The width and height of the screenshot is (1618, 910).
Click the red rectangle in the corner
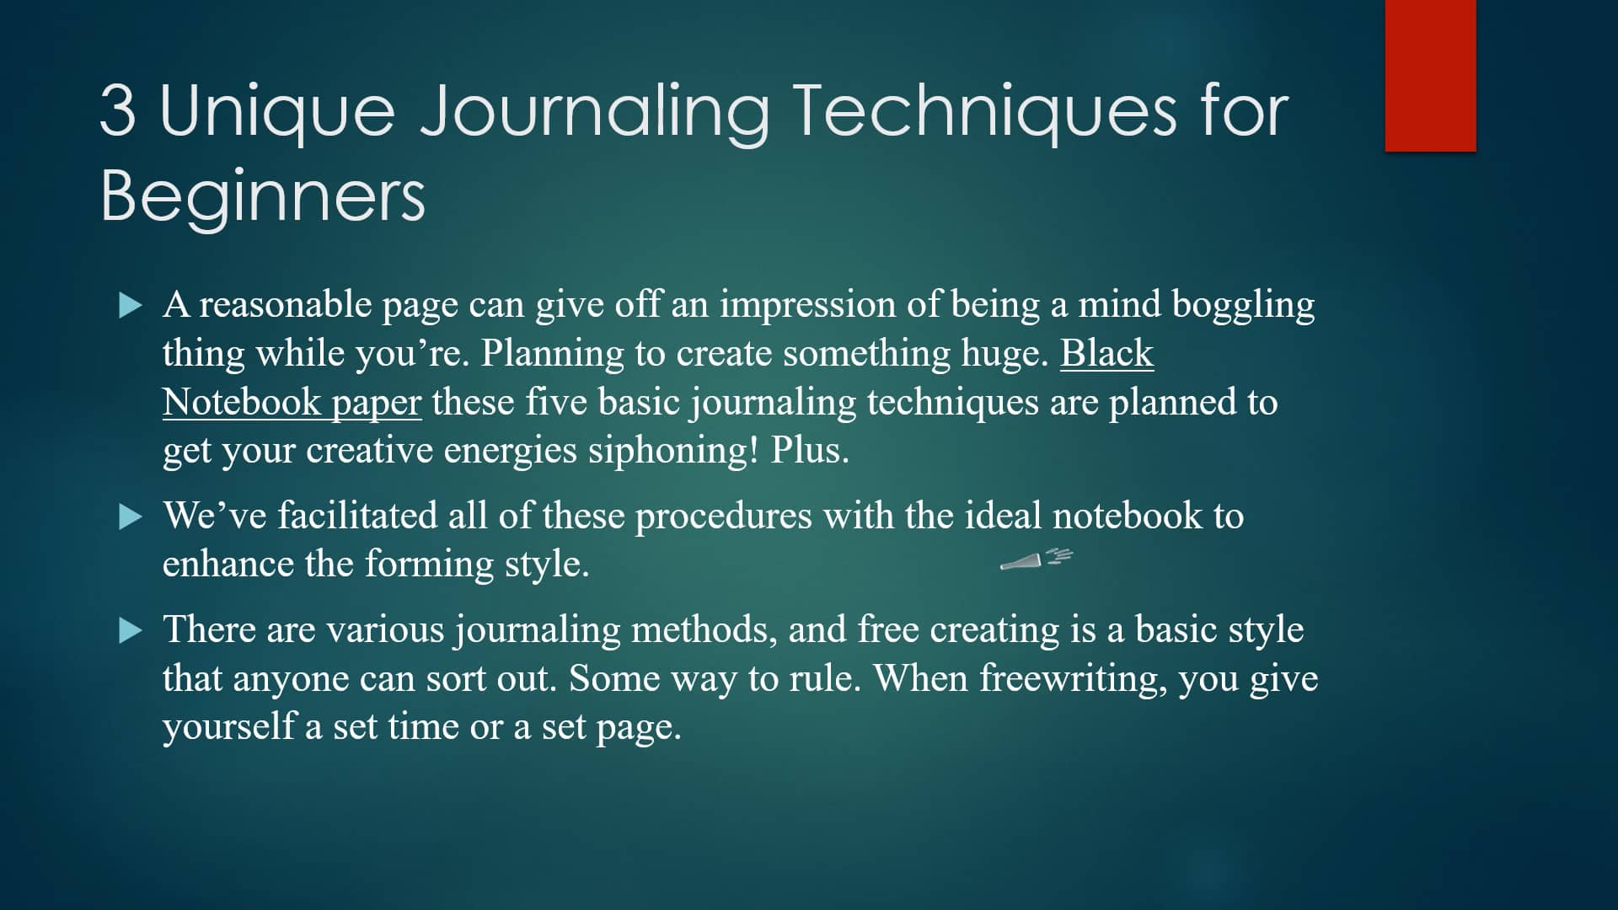[1430, 76]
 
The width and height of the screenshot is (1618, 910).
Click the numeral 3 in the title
[118, 111]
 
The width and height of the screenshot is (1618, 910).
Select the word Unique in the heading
[276, 111]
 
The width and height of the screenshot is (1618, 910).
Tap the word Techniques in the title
[983, 111]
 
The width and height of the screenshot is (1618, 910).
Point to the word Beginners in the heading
[263, 195]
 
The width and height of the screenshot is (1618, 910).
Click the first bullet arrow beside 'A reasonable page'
[131, 305]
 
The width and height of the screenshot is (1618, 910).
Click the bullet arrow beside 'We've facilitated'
[131, 517]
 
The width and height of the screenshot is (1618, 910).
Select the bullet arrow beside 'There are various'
[131, 630]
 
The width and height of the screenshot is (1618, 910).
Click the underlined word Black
[1106, 353]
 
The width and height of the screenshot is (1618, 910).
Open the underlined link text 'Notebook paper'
[292, 402]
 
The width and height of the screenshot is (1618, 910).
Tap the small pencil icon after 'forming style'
[1035, 559]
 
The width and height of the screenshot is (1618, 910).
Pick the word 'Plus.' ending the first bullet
[810, 451]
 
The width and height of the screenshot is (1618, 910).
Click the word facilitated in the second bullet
[356, 516]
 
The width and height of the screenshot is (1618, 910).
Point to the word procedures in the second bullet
[723, 516]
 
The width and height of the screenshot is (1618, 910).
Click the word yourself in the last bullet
[228, 727]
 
